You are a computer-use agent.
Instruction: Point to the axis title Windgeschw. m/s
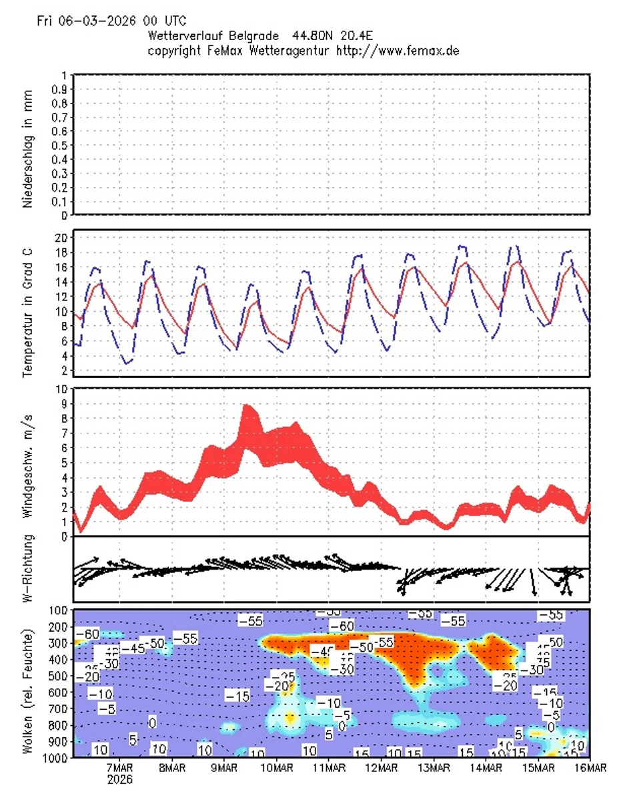click(x=29, y=464)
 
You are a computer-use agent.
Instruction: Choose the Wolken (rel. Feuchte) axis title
click(x=29, y=684)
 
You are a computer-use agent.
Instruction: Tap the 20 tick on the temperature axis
click(x=59, y=238)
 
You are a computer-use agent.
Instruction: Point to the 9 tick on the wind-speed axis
click(x=63, y=403)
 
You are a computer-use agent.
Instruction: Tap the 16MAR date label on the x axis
click(x=590, y=769)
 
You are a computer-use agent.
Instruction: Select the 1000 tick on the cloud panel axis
click(x=55, y=758)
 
